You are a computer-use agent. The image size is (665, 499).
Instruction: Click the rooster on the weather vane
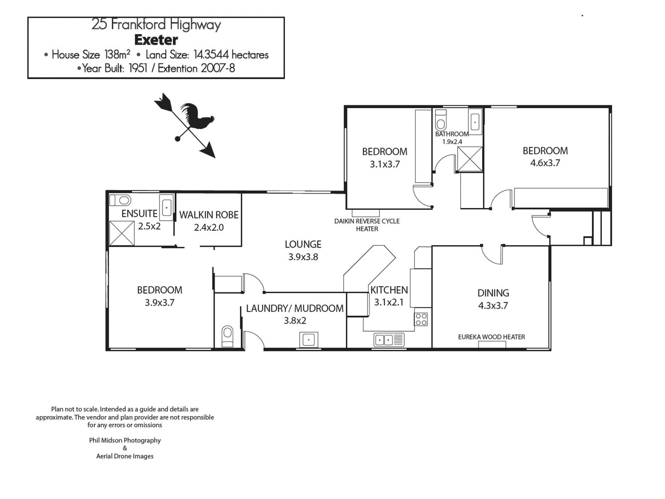click(x=198, y=116)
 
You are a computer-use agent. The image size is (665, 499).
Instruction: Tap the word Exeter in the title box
click(x=156, y=40)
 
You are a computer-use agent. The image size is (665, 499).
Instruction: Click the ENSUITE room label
click(x=139, y=213)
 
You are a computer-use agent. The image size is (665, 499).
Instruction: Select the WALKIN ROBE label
click(x=209, y=215)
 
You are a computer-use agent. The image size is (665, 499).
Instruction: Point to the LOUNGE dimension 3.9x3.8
click(x=303, y=257)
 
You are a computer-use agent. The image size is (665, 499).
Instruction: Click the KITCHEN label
click(x=389, y=290)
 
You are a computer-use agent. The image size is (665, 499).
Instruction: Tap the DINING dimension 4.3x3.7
click(x=493, y=306)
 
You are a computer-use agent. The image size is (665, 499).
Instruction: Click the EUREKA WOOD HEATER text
click(x=491, y=337)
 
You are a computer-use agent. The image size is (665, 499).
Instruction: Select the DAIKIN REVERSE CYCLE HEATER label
click(x=367, y=225)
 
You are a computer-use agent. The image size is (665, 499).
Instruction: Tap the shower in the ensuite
click(x=122, y=233)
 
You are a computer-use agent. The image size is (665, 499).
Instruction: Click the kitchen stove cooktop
click(x=421, y=319)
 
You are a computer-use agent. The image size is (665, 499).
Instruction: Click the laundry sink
click(x=309, y=339)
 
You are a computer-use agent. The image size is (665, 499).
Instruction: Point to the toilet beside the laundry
click(x=227, y=336)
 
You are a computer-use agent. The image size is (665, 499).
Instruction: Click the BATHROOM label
click(x=452, y=134)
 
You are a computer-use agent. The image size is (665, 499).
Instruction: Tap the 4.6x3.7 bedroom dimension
click(x=545, y=163)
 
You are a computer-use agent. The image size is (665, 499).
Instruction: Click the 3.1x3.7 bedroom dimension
click(x=385, y=164)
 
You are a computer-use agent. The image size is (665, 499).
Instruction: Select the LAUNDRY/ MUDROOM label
click(x=295, y=308)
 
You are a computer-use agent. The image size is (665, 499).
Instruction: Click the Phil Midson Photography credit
click(x=125, y=440)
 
